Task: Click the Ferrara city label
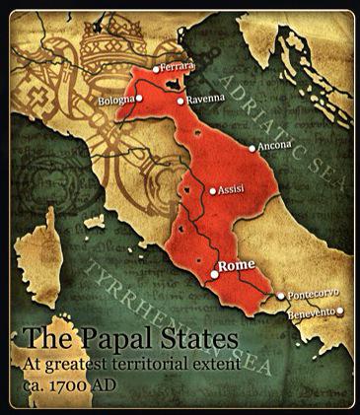coord(180,66)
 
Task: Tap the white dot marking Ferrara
coord(157,68)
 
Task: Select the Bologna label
coord(116,101)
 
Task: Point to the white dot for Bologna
coord(140,99)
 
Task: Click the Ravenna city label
coord(202,101)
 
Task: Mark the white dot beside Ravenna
coord(179,101)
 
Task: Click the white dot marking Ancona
coord(253,149)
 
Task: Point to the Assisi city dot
coord(212,190)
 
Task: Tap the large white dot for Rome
coord(213,275)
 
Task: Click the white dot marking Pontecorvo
coord(281,295)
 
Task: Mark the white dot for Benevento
coord(339,311)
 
